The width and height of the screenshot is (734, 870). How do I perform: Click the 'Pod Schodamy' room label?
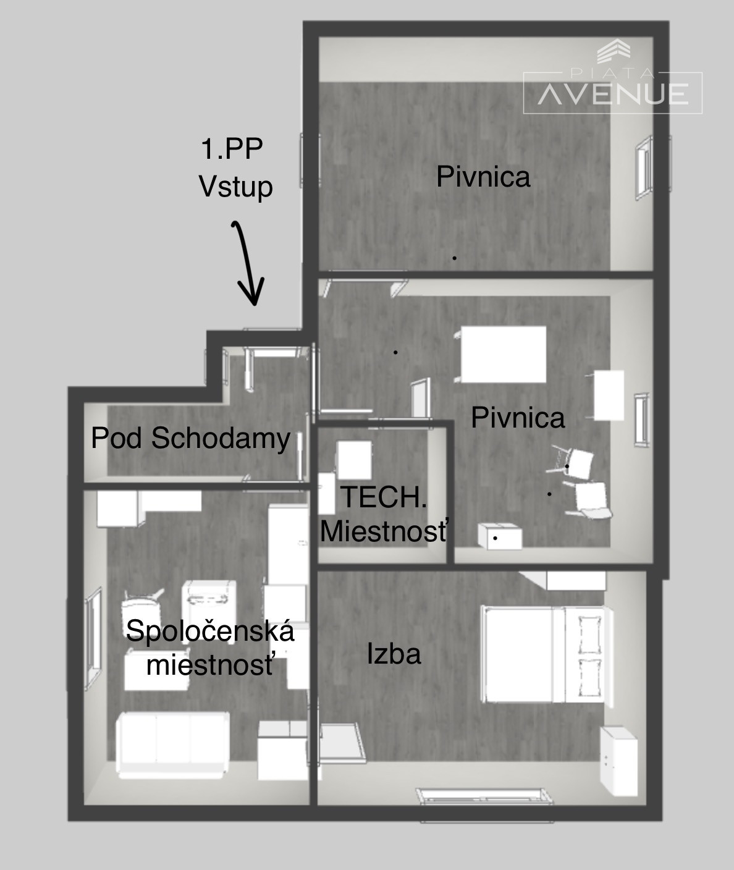[191, 438]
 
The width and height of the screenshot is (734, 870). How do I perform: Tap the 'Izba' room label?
[394, 654]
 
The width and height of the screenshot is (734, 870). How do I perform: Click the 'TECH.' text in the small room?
[384, 497]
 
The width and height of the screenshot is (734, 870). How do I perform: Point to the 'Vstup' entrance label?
[236, 186]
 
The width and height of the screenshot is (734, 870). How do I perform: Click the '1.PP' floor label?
[232, 148]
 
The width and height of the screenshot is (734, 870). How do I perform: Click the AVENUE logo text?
[613, 94]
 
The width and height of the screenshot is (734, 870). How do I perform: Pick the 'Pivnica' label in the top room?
[483, 177]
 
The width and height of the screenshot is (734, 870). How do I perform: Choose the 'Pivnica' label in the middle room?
[518, 417]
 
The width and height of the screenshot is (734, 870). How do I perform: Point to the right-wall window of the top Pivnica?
[644, 168]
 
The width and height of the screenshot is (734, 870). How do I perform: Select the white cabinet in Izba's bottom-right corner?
[618, 761]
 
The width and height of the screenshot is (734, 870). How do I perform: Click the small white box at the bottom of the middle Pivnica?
[500, 537]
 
